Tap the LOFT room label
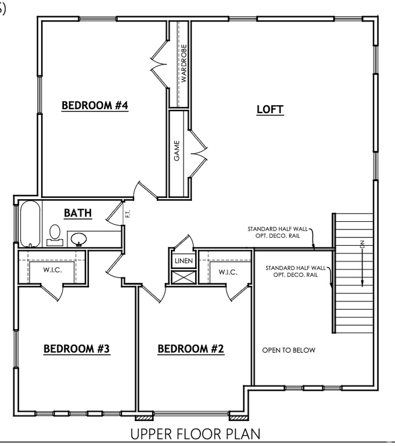(270, 109)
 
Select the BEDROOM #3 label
(77, 349)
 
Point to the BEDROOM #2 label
(191, 349)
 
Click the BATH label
(77, 213)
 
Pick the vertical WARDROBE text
(184, 63)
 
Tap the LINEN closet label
(184, 261)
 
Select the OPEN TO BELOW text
(289, 350)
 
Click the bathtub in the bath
(29, 224)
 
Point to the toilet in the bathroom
(55, 234)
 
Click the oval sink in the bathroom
(79, 238)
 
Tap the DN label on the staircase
(361, 245)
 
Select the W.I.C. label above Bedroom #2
(227, 272)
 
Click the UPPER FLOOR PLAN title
(195, 434)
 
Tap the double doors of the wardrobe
(159, 65)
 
